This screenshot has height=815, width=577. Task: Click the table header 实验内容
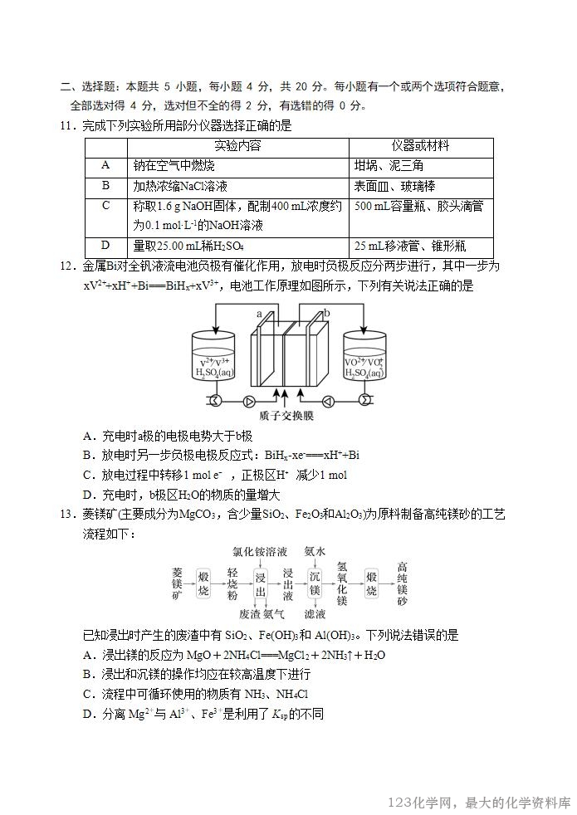click(237, 146)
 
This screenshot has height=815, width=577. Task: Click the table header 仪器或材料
click(420, 146)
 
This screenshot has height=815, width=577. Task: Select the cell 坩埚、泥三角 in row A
click(389, 165)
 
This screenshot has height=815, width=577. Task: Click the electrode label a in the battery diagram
click(259, 315)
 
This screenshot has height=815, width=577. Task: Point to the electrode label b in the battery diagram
click(327, 312)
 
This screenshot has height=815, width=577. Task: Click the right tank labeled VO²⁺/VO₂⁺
click(364, 359)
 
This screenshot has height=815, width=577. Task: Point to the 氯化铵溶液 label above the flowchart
click(260, 551)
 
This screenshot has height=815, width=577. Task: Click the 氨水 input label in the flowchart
click(315, 551)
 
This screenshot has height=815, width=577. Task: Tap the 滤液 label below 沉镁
click(315, 615)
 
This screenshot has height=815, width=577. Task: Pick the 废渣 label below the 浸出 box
click(250, 615)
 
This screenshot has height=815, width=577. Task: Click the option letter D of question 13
click(88, 714)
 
